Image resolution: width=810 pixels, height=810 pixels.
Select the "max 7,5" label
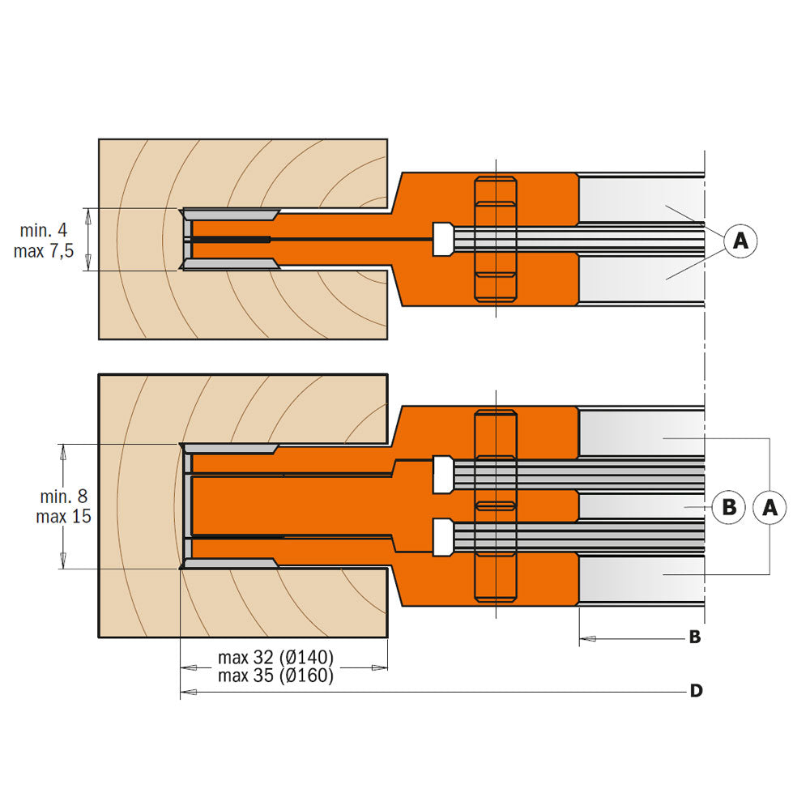pyautogui.click(x=44, y=251)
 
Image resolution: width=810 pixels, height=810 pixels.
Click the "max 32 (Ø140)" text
pyautogui.click(x=275, y=656)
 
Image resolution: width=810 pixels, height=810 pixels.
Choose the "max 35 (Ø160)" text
pyautogui.click(x=275, y=676)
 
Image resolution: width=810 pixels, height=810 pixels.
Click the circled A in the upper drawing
pyautogui.click(x=740, y=241)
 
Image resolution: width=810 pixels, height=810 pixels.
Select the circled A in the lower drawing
pyautogui.click(x=769, y=507)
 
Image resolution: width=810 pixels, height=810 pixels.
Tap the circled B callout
pyautogui.click(x=728, y=507)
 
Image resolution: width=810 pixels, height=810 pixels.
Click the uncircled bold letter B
pyautogui.click(x=694, y=637)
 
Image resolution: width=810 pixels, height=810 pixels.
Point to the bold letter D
pyautogui.click(x=695, y=691)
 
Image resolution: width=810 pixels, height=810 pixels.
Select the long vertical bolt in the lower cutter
pyautogui.click(x=495, y=506)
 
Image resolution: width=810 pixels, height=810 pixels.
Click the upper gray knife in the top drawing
pyautogui.click(x=231, y=215)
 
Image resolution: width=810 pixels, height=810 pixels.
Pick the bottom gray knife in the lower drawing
pyautogui.click(x=231, y=562)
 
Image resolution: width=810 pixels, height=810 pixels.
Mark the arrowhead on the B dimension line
pyautogui.click(x=588, y=639)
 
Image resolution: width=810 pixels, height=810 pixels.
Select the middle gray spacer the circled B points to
pyautogui.click(x=640, y=506)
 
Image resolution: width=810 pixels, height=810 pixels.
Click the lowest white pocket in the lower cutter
pyautogui.click(x=442, y=537)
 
